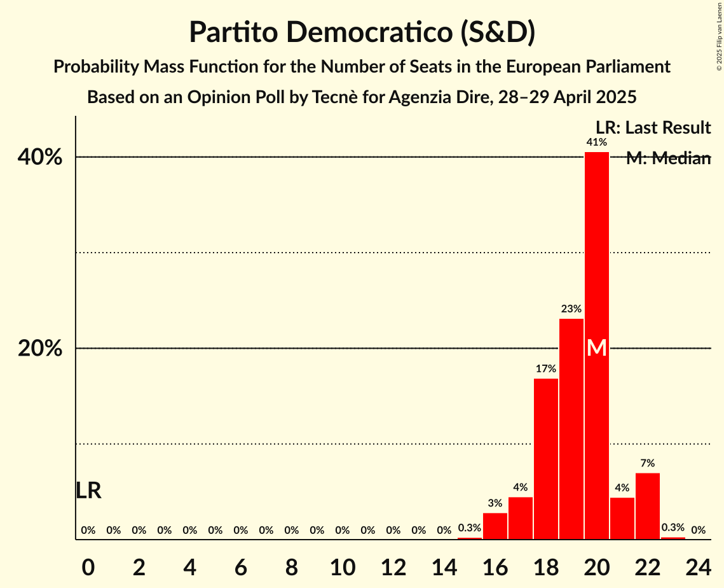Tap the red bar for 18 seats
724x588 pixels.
coord(546,459)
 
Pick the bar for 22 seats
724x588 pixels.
coord(648,506)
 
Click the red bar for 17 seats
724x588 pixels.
coord(521,518)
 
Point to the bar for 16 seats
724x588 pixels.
coord(495,526)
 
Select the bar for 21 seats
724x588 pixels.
coord(622,518)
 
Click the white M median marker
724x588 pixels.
coord(597,347)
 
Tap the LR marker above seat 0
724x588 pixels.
coord(88,491)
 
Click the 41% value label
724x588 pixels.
coord(597,142)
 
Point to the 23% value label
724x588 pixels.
coord(571,309)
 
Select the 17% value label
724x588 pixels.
coord(546,368)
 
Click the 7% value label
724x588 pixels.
coord(648,463)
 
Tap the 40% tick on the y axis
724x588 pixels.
coord(44,157)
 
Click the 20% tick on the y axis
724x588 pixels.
coord(44,349)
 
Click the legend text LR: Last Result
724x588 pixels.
coord(653,127)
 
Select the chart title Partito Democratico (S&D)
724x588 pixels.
coord(362,32)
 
